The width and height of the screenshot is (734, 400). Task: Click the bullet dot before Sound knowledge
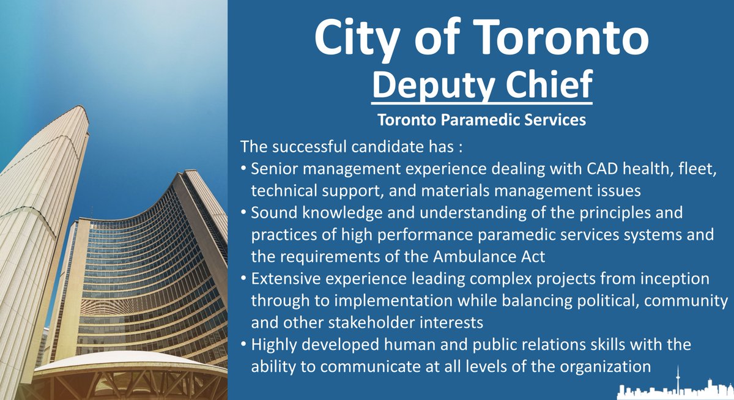point(243,214)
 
